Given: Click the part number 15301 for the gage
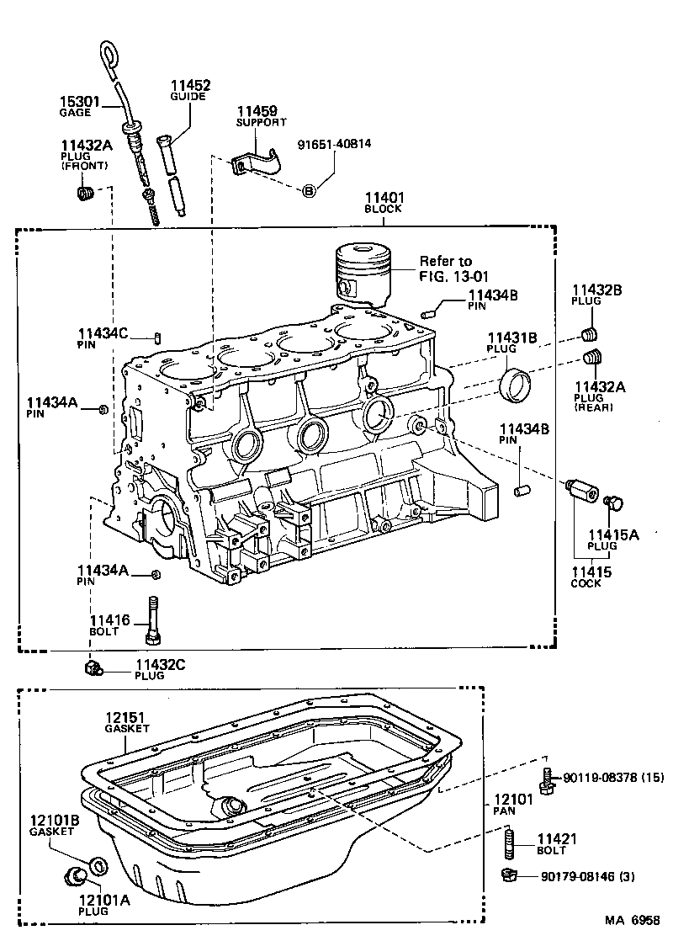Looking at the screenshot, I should coord(79,102).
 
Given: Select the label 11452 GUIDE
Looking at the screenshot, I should coord(190,90).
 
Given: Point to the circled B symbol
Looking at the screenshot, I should coord(309,191).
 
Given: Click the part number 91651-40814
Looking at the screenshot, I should coord(334,143).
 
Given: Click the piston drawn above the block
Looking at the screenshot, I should coord(363,274).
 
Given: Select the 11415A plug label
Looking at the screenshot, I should coord(612,539).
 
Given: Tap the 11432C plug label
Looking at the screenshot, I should coord(160,668).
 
